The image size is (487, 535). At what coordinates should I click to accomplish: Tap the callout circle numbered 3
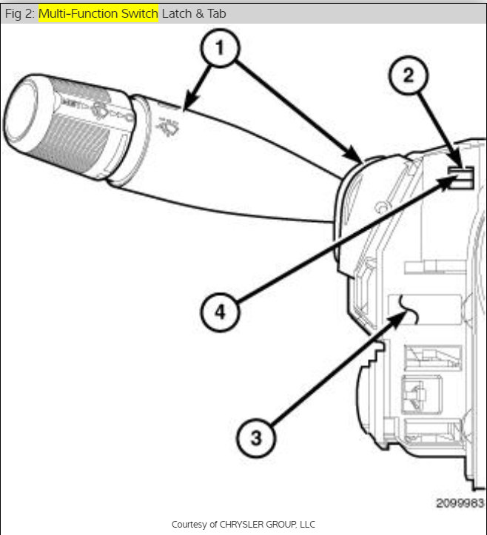pyautogui.click(x=255, y=437)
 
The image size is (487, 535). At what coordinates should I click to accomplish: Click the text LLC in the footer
pyautogui.click(x=306, y=524)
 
